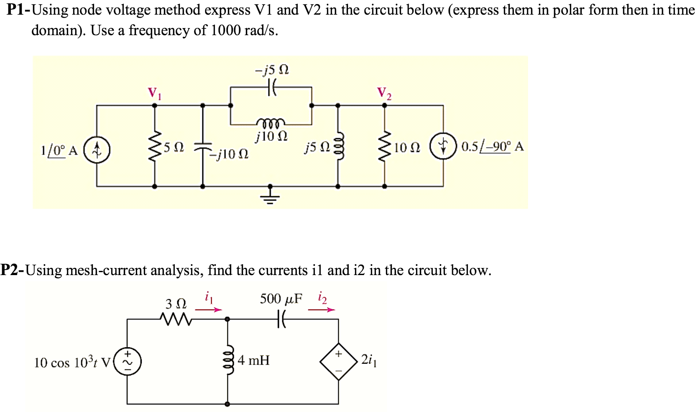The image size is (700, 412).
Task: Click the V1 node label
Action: pos(154,93)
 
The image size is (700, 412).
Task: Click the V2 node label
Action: pos(384,93)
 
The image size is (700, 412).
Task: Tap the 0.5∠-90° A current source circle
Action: pos(443,146)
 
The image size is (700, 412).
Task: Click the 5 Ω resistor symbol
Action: pos(155,146)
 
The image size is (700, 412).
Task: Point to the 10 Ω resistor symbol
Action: pos(384,146)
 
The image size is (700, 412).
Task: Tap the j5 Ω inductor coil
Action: pos(339,146)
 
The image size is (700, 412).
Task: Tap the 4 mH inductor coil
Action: pos(227,361)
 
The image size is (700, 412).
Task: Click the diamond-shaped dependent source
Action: pos(338,361)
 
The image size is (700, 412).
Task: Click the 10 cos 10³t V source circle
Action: pos(128,361)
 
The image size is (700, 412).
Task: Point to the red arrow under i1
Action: pos(208,310)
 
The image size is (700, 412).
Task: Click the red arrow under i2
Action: pos(322,310)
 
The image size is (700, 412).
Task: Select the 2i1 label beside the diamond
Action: pos(369,360)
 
